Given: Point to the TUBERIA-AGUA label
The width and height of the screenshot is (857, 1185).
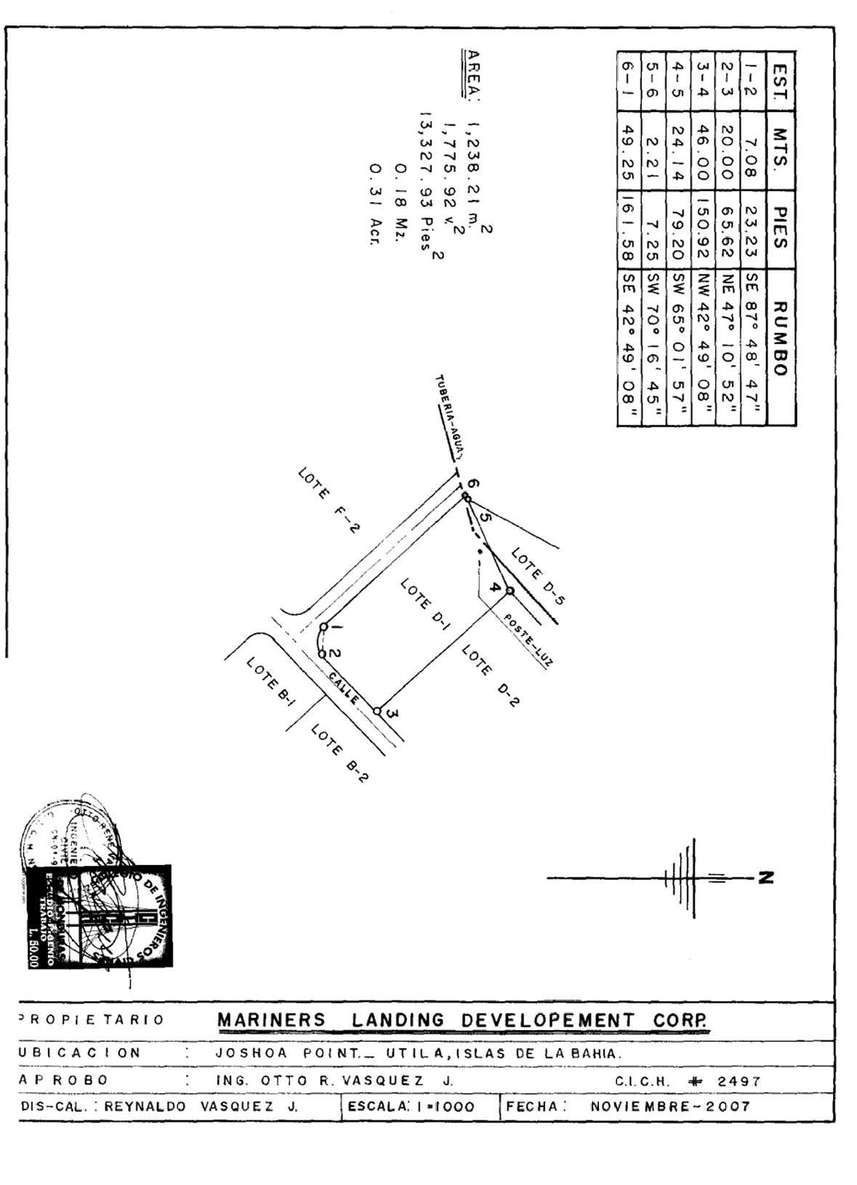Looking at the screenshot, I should (x=450, y=417).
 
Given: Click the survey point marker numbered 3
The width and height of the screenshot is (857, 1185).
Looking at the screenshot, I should (x=377, y=710).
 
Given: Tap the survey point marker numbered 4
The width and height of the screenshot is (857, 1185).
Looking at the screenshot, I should (x=510, y=590).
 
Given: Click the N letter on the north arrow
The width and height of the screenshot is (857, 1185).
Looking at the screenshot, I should (x=764, y=877).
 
